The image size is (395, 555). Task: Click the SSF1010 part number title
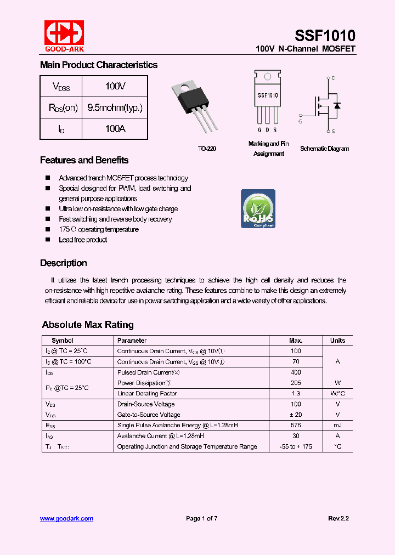point(325,36)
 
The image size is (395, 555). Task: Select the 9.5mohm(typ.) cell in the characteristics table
point(115,107)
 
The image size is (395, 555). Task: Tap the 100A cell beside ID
point(115,128)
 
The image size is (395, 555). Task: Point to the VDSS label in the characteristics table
point(61,87)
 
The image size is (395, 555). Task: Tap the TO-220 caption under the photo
point(207,149)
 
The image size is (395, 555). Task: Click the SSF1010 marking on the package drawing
point(268,95)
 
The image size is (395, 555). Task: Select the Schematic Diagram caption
point(324,149)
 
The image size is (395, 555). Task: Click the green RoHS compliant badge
point(258,209)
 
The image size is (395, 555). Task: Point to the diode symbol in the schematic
point(337,105)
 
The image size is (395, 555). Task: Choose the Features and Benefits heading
point(84,160)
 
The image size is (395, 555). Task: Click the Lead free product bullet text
point(83,240)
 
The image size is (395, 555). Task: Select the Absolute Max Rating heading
point(88,325)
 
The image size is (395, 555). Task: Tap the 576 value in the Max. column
point(296,425)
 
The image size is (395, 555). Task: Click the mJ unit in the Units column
point(337,425)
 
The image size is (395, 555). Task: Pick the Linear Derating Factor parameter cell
point(147,393)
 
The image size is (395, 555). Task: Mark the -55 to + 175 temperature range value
point(296,446)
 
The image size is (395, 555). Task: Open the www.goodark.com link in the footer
point(66,518)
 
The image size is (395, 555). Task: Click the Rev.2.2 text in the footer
point(338,518)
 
